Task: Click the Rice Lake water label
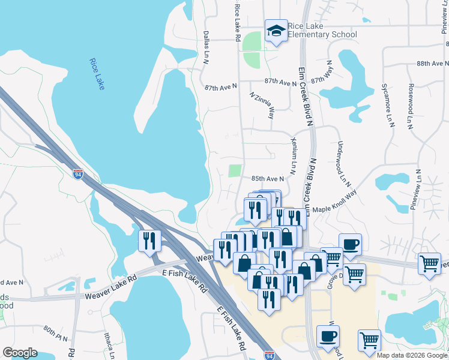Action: click(97, 74)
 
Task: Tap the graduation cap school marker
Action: click(276, 31)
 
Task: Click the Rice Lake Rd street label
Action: click(238, 22)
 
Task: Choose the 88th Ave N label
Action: click(433, 63)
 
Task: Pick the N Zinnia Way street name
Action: click(262, 105)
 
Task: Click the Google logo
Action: click(20, 353)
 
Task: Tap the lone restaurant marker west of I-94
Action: click(149, 241)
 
